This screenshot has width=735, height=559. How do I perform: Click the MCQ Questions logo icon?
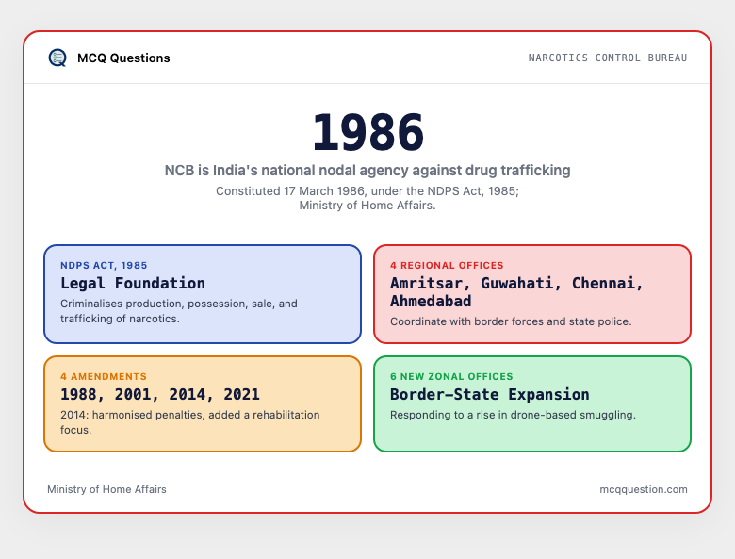(x=57, y=58)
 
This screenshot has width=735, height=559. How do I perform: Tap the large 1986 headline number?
(x=367, y=132)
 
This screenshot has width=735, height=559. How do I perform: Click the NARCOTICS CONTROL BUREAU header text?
(x=608, y=58)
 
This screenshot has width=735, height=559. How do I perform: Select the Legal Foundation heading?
(x=133, y=283)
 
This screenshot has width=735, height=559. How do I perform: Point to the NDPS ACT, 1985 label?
(x=104, y=266)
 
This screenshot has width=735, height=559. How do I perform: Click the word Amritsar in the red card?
(x=427, y=283)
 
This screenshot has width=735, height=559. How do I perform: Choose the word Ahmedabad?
(x=431, y=301)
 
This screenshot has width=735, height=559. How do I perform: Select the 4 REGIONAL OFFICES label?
(x=447, y=266)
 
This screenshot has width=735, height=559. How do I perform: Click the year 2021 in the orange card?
(x=241, y=394)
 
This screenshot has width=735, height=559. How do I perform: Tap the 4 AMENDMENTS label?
(x=104, y=376)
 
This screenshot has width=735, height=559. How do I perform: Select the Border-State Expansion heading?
(x=490, y=394)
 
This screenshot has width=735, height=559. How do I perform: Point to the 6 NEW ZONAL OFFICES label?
(x=451, y=376)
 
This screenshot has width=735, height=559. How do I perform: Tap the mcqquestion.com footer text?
(x=644, y=489)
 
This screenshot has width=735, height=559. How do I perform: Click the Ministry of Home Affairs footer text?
(x=106, y=489)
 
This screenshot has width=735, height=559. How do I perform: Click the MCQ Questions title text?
(x=123, y=58)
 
